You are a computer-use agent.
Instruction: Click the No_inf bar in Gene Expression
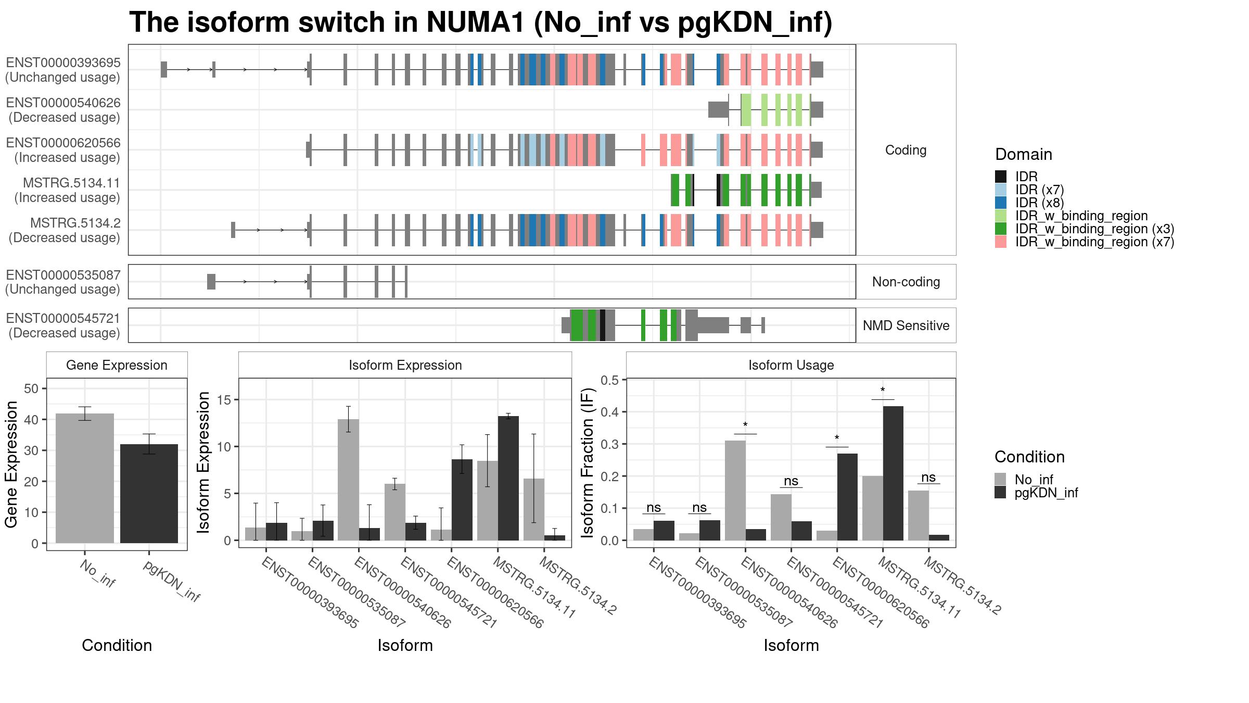click(x=85, y=478)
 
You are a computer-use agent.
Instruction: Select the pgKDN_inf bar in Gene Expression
click(x=149, y=494)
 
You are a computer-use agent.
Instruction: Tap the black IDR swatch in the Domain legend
click(x=1000, y=177)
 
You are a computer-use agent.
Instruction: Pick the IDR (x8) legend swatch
click(x=1000, y=203)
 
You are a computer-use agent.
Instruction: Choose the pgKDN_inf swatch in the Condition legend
click(x=1000, y=493)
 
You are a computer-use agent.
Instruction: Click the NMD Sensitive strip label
click(x=906, y=325)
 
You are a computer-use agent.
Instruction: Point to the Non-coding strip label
click(x=906, y=282)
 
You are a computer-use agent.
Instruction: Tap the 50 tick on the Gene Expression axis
click(x=31, y=388)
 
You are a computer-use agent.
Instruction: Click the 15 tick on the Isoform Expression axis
click(x=224, y=400)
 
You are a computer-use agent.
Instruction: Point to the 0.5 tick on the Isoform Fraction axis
click(x=610, y=380)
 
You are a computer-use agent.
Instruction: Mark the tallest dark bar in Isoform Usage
click(x=893, y=473)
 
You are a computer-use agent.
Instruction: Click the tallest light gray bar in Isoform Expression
click(x=348, y=480)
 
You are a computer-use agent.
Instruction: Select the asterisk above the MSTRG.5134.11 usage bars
click(x=883, y=391)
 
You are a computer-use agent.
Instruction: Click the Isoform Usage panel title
click(x=791, y=365)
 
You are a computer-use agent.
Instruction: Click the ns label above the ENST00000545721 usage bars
click(x=791, y=481)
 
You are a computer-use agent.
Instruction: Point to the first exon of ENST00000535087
click(x=211, y=282)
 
